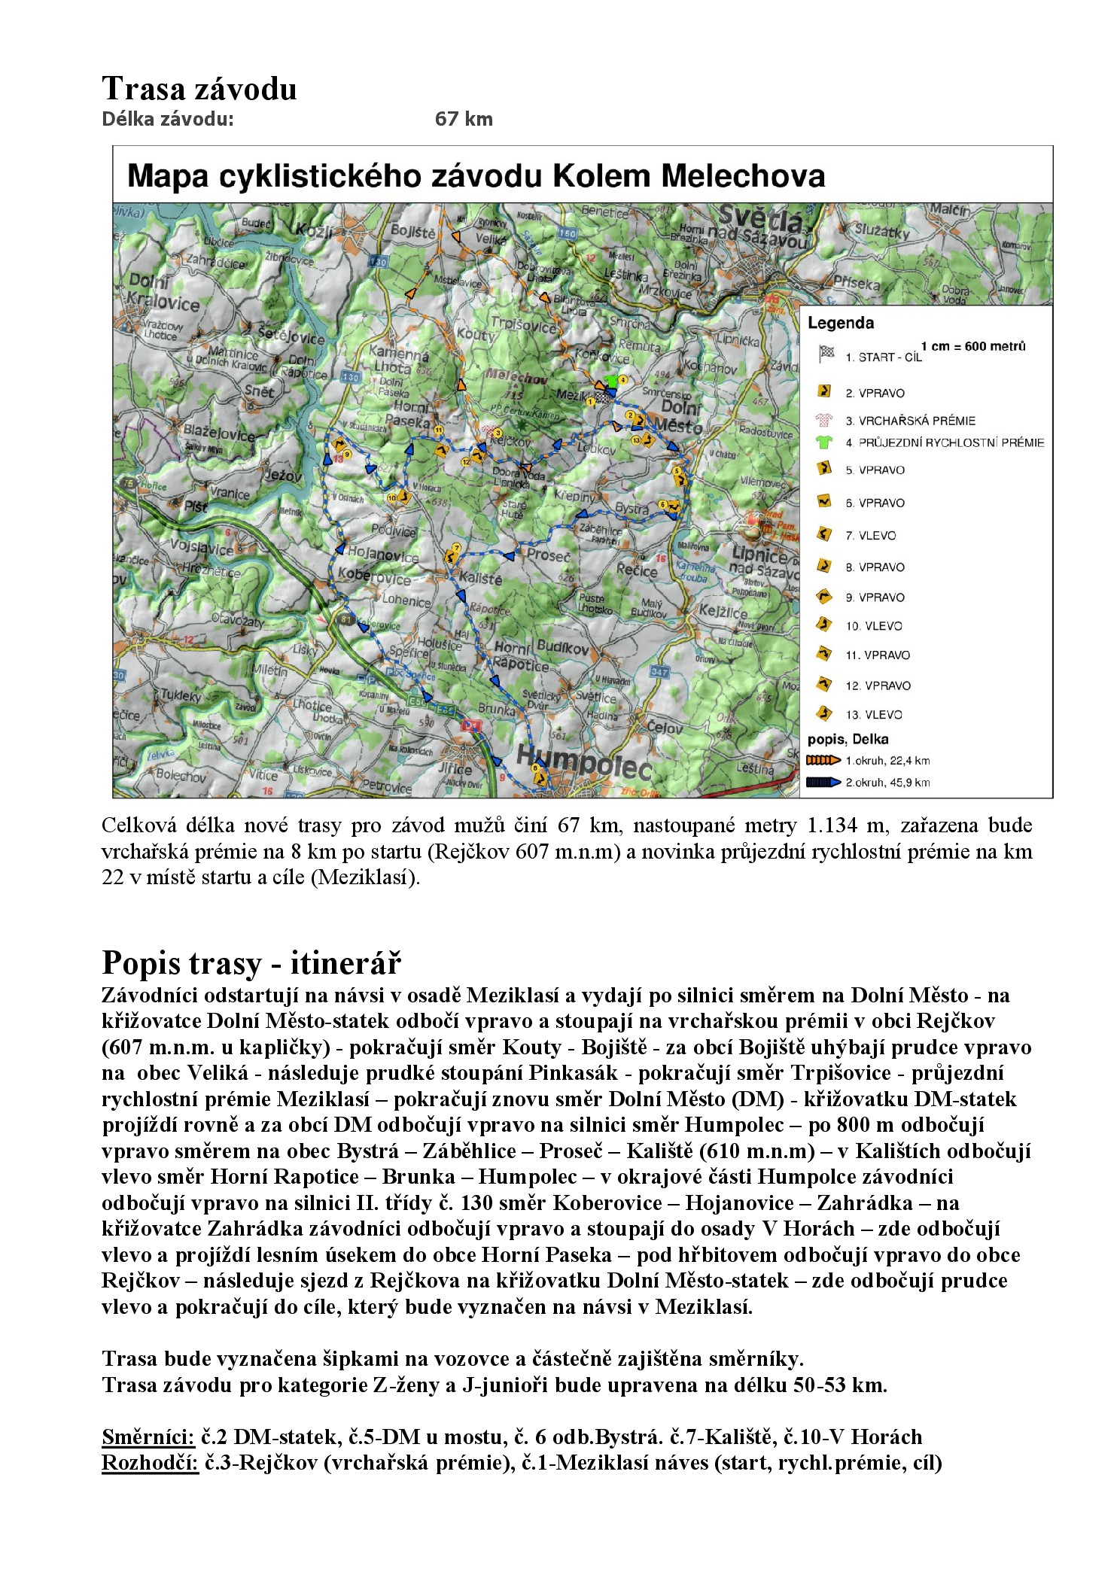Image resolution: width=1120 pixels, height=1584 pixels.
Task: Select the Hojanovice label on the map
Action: click(x=382, y=555)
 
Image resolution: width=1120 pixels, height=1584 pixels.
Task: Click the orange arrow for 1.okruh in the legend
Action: click(x=823, y=760)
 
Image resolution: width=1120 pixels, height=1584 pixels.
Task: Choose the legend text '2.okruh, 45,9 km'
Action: click(x=887, y=783)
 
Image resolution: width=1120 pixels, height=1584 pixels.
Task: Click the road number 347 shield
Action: click(x=659, y=671)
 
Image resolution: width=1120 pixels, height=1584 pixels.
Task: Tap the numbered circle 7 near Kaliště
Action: click(x=456, y=547)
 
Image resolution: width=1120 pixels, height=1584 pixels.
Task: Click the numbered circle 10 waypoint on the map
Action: click(x=391, y=497)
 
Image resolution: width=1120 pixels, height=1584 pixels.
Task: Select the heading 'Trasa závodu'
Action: click(x=199, y=89)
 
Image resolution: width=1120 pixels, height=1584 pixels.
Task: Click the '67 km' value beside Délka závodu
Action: click(x=464, y=119)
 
